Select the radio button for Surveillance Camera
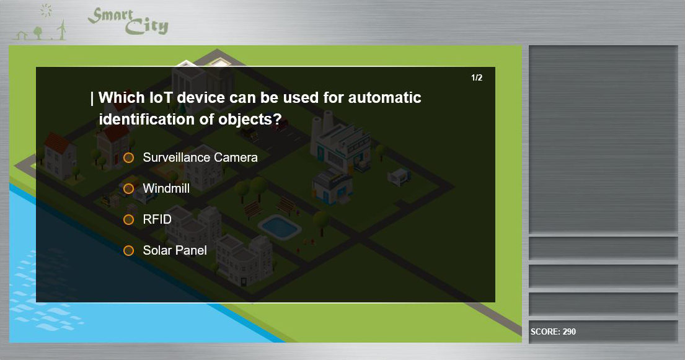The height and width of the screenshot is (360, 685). coord(128,158)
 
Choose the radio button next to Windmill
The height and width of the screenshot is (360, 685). coord(128,189)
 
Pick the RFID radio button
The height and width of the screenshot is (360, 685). coord(128,219)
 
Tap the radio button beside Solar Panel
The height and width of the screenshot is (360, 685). coord(128,250)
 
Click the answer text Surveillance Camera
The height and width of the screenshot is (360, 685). coord(200,157)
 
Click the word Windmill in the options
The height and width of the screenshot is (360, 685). coord(166,188)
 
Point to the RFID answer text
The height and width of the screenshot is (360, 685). coord(157,219)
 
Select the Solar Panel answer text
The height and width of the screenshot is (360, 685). coord(175,250)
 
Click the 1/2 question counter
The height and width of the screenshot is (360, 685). coord(477,78)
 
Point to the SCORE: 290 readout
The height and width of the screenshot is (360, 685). coord(553,331)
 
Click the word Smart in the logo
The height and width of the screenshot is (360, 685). coord(110,15)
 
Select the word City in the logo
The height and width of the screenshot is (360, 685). coord(146,27)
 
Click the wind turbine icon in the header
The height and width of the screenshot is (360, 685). coord(62,30)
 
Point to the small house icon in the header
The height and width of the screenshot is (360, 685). coord(22,35)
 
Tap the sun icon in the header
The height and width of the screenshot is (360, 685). coord(46,11)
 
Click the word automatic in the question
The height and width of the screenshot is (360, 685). coord(384,97)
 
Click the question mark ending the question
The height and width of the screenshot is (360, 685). coord(277,119)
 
